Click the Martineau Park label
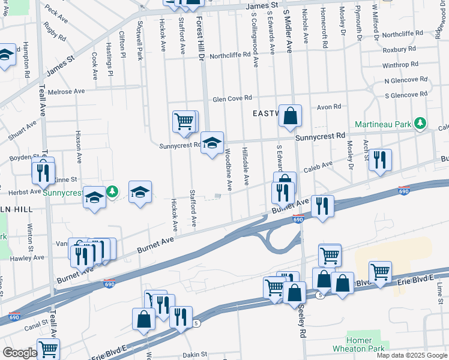[382, 124]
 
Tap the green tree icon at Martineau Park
[421, 124]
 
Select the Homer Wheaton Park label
[367, 344]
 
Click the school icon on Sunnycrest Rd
[211, 143]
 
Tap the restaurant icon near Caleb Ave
[380, 160]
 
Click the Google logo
[19, 353]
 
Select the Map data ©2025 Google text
[411, 355]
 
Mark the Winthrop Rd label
[400, 65]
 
